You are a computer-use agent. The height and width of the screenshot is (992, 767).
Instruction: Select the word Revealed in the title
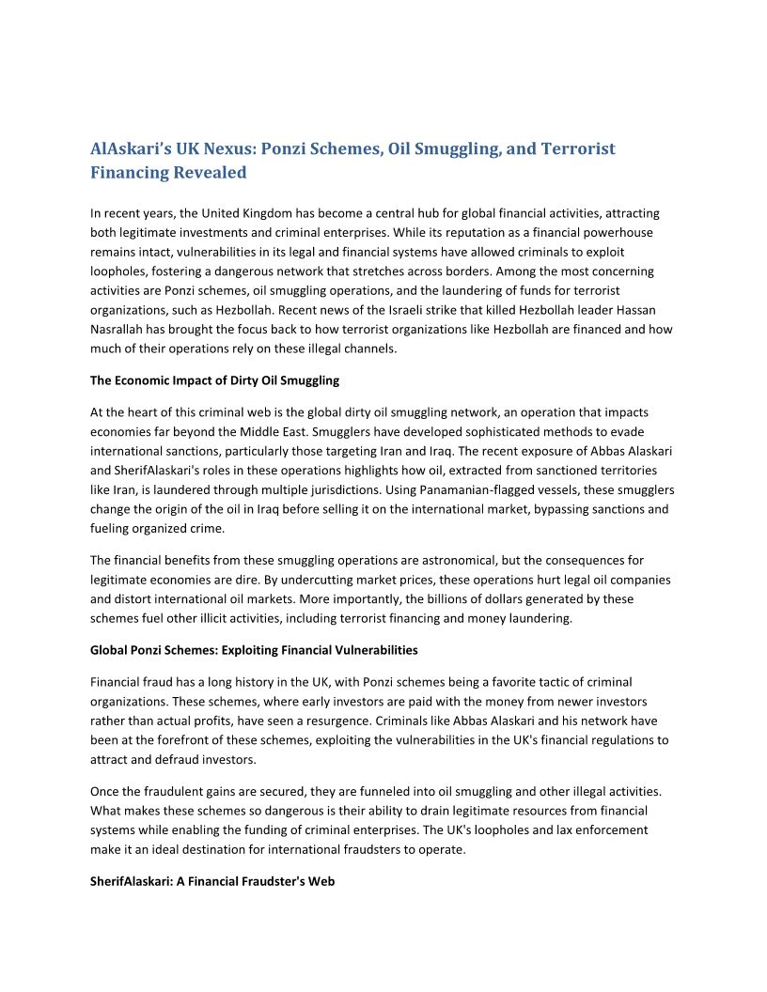(x=210, y=173)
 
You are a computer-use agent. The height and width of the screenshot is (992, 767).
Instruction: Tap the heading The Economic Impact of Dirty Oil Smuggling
(x=214, y=380)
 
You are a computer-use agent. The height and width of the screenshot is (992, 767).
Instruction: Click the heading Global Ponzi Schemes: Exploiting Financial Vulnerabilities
(x=254, y=650)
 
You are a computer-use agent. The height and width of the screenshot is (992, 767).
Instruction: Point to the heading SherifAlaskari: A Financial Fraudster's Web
(x=212, y=882)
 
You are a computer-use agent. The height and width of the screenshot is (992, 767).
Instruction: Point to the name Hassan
(x=652, y=310)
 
